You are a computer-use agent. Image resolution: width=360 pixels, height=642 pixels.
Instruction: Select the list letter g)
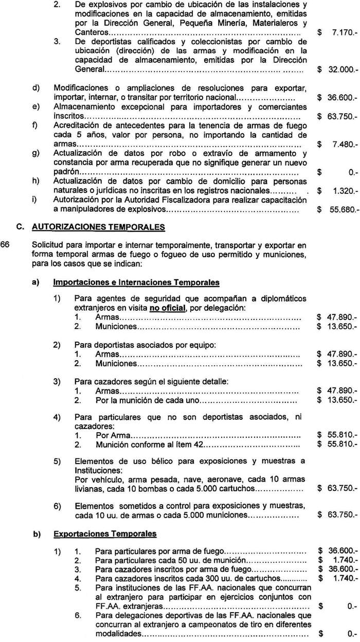point(36,154)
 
